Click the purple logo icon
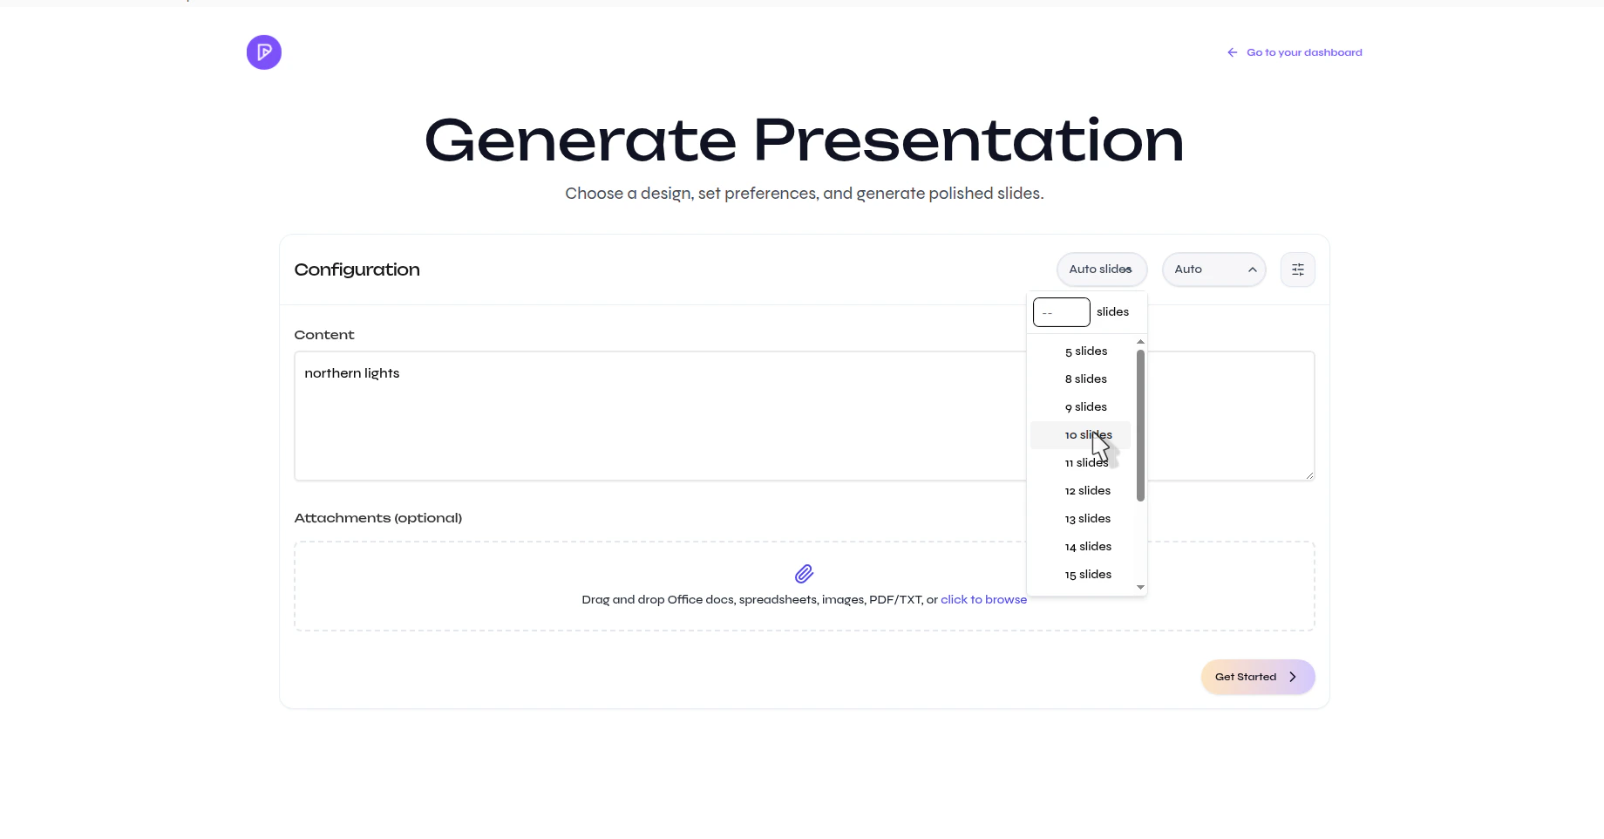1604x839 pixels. (x=263, y=52)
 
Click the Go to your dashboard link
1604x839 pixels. (x=1303, y=52)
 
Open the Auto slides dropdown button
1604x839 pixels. (x=1101, y=269)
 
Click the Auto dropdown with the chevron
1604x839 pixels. (x=1213, y=269)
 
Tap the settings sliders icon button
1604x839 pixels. (x=1297, y=269)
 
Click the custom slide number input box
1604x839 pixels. (x=1061, y=312)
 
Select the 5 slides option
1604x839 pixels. (x=1086, y=351)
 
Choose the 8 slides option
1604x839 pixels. (x=1086, y=379)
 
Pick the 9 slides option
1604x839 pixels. (x=1086, y=407)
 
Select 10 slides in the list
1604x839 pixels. (x=1081, y=435)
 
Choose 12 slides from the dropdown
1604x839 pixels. (x=1088, y=491)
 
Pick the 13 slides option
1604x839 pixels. (x=1088, y=519)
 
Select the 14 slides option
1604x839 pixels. (x=1088, y=547)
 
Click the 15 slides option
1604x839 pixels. (x=1088, y=575)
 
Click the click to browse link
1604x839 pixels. (x=983, y=600)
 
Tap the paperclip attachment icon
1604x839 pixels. (x=804, y=574)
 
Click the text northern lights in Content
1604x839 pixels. (x=352, y=373)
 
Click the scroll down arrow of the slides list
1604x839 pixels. (x=1140, y=588)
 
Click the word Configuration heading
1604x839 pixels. (x=357, y=269)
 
